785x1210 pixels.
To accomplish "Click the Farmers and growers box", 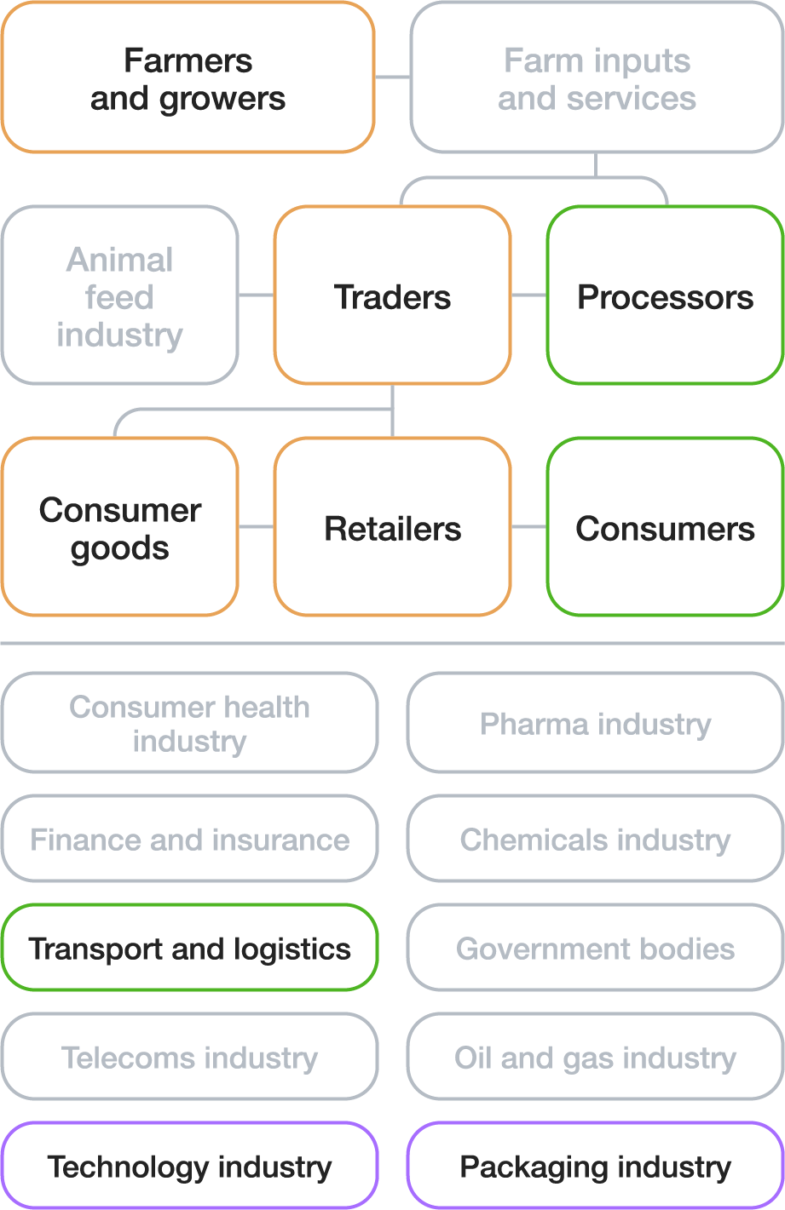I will pyautogui.click(x=188, y=78).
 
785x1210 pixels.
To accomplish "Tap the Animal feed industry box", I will pyautogui.click(x=119, y=295).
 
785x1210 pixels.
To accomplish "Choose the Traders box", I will pyautogui.click(x=392, y=295).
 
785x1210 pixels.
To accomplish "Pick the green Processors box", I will pyautogui.click(x=665, y=295).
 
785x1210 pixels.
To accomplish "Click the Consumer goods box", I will pyautogui.click(x=119, y=527).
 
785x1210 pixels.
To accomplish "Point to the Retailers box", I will pyautogui.click(x=392, y=527).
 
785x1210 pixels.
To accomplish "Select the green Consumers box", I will pyautogui.click(x=665, y=527).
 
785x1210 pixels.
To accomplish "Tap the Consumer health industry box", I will pyautogui.click(x=189, y=723).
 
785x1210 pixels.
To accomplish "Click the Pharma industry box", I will pyautogui.click(x=595, y=723).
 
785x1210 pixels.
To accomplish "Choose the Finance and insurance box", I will pyautogui.click(x=189, y=839).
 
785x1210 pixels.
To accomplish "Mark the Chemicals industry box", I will pyautogui.click(x=595, y=839).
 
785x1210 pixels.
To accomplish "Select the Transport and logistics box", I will pyautogui.click(x=189, y=948).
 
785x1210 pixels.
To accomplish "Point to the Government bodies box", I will pyautogui.click(x=595, y=948).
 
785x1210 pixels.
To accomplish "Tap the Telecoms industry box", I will pyautogui.click(x=189, y=1057).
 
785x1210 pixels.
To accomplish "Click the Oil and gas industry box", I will pyautogui.click(x=595, y=1057).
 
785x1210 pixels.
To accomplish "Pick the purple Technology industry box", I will pyautogui.click(x=189, y=1166).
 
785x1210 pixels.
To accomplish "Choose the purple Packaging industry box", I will pyautogui.click(x=595, y=1166).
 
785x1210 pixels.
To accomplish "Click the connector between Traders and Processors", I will pyautogui.click(x=528, y=295).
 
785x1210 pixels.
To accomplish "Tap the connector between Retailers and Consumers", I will pyautogui.click(x=528, y=527).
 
